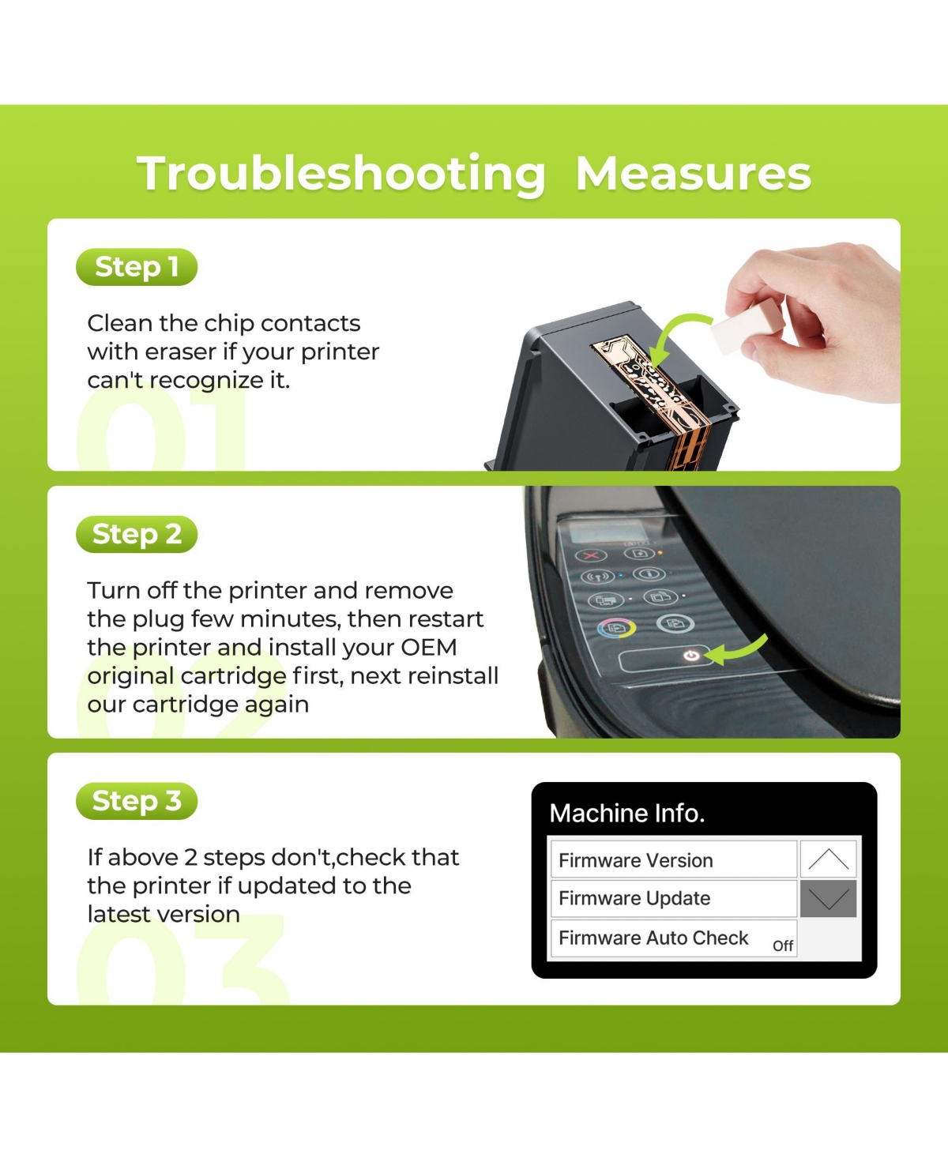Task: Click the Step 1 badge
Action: pyautogui.click(x=137, y=267)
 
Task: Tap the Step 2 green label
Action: pyautogui.click(x=137, y=534)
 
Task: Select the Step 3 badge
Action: pyautogui.click(x=137, y=800)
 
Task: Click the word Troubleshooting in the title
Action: pyautogui.click(x=341, y=175)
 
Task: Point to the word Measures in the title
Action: pyautogui.click(x=693, y=174)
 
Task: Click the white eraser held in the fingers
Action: pyautogui.click(x=746, y=328)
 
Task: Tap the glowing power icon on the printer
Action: pyautogui.click(x=691, y=656)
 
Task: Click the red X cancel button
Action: pyautogui.click(x=591, y=555)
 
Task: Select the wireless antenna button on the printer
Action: pyautogui.click(x=597, y=577)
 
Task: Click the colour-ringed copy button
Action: pyautogui.click(x=617, y=627)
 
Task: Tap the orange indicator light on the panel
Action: pyautogui.click(x=660, y=552)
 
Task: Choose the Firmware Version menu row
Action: pyautogui.click(x=674, y=860)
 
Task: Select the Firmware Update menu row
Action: pyautogui.click(x=674, y=898)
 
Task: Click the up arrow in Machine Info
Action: pyautogui.click(x=828, y=859)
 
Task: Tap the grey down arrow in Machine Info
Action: pyautogui.click(x=828, y=899)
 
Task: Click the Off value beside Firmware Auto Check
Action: pyautogui.click(x=783, y=946)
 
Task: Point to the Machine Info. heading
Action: pyautogui.click(x=627, y=813)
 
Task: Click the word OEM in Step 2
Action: pyautogui.click(x=429, y=648)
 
